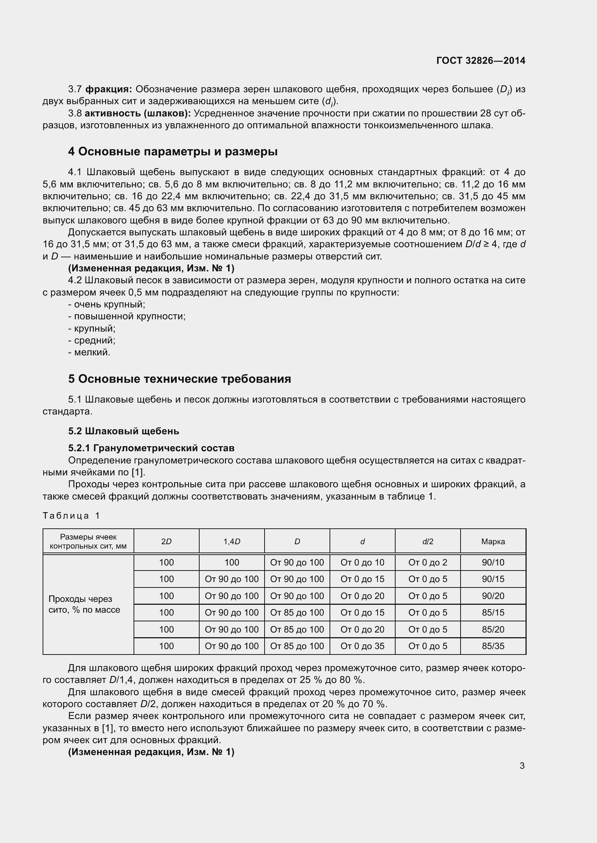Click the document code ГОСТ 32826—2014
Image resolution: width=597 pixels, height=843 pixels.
click(x=480, y=61)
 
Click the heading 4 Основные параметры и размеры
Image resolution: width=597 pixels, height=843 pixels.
click(x=173, y=151)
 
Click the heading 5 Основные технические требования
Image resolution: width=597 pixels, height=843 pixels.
click(x=179, y=378)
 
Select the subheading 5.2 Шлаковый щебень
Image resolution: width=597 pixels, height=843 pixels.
click(x=123, y=431)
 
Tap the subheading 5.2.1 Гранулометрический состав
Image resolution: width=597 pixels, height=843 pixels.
click(x=151, y=448)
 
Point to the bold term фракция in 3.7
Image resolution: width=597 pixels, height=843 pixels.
click(x=108, y=89)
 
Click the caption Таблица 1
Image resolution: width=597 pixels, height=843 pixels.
click(x=71, y=515)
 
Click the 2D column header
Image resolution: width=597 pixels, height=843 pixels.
click(x=166, y=541)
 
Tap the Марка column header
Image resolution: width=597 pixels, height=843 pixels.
click(x=493, y=541)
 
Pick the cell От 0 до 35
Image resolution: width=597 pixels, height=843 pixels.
click(x=362, y=646)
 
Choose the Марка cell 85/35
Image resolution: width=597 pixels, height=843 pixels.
click(x=493, y=646)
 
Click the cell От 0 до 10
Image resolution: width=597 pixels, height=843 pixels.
click(x=362, y=562)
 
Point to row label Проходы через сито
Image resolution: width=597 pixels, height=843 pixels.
click(x=84, y=604)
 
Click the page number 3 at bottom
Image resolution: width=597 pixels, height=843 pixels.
click(x=522, y=766)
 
